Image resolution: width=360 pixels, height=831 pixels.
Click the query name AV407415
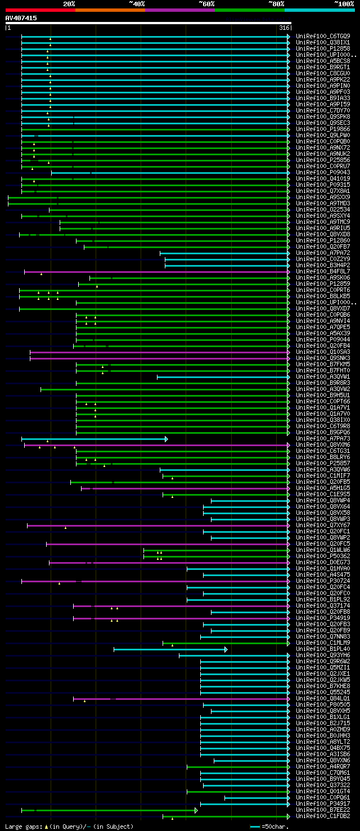pyautogui.click(x=21, y=18)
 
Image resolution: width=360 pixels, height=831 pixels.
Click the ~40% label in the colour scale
pyautogui.click(x=137, y=3)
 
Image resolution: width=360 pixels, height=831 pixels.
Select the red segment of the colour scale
pyautogui.click(x=40, y=10)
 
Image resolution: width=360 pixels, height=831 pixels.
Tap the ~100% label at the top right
pyautogui.click(x=344, y=3)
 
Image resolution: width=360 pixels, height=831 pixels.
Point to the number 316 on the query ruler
pyautogui.click(x=284, y=28)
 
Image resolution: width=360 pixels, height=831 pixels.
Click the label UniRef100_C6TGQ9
pyautogui.click(x=323, y=36)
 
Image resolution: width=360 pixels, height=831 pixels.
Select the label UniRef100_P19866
pyautogui.click(x=323, y=129)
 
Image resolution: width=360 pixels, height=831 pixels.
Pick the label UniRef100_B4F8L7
pyautogui.click(x=323, y=271)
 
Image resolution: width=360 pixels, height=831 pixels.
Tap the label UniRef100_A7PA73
pyautogui.click(x=323, y=438)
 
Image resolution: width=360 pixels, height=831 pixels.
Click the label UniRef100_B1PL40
pyautogui.click(x=323, y=649)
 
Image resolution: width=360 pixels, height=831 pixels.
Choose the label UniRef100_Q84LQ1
pyautogui.click(x=323, y=698)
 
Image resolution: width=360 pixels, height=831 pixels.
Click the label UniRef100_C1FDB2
pyautogui.click(x=323, y=816)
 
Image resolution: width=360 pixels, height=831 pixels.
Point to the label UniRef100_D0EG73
pyautogui.click(x=323, y=562)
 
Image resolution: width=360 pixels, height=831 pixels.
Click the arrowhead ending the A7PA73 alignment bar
pyautogui.click(x=166, y=439)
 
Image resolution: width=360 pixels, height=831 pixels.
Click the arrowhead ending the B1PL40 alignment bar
pyautogui.click(x=226, y=649)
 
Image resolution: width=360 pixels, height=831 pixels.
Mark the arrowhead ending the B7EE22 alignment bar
pyautogui.click(x=196, y=810)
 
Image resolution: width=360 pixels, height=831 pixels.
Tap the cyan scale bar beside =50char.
pyautogui.click(x=255, y=826)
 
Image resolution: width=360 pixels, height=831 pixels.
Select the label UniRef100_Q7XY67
pyautogui.click(x=323, y=525)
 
